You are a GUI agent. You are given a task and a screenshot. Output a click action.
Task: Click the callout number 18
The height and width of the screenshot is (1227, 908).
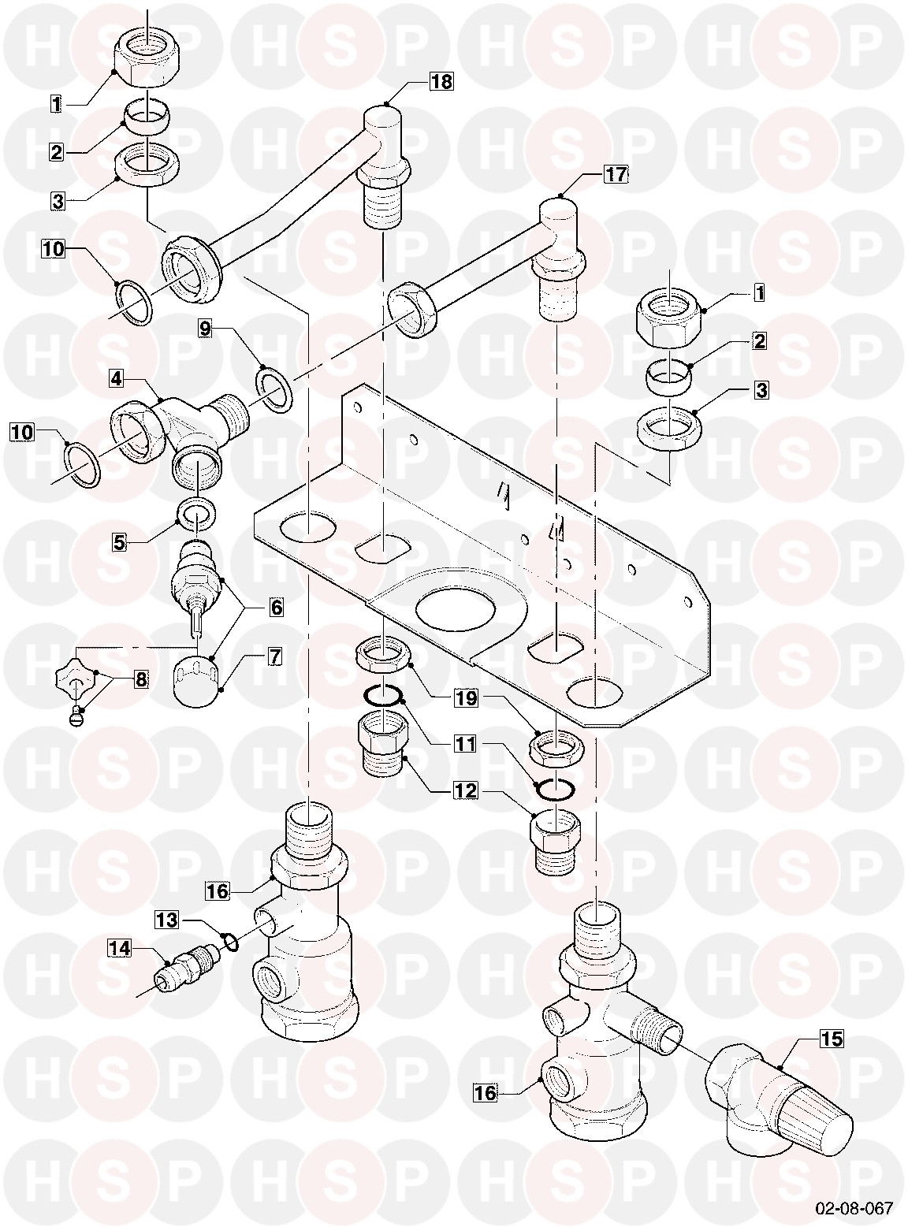pyautogui.click(x=441, y=82)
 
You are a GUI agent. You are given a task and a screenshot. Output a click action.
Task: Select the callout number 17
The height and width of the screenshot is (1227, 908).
pyautogui.click(x=616, y=174)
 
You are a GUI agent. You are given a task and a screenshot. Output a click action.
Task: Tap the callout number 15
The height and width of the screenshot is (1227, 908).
pyautogui.click(x=832, y=1039)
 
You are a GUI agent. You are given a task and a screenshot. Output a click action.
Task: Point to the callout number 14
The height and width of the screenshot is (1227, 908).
pyautogui.click(x=120, y=948)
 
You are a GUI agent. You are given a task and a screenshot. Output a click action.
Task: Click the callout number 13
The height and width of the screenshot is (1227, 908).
pyautogui.click(x=166, y=920)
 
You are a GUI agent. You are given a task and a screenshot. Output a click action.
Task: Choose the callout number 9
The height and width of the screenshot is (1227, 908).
pyautogui.click(x=205, y=329)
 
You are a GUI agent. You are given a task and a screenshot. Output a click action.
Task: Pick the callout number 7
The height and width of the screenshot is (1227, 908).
pyautogui.click(x=275, y=657)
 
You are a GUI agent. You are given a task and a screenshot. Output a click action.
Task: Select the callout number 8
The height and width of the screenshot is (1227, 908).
pyautogui.click(x=141, y=679)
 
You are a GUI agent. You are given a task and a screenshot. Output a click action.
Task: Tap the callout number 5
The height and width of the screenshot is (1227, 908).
pyautogui.click(x=120, y=542)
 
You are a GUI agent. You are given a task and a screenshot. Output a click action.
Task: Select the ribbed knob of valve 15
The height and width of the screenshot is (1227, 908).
pyautogui.click(x=813, y=1106)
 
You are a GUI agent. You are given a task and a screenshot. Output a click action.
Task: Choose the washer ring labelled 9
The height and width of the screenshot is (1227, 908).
pyautogui.click(x=274, y=391)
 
